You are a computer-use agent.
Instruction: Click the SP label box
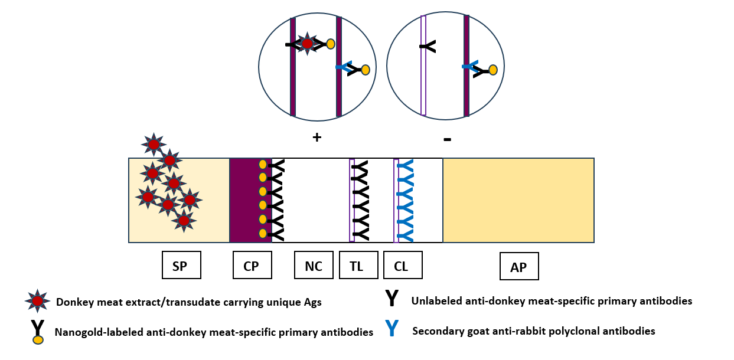181,265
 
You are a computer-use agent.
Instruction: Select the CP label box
251,265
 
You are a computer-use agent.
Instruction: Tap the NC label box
314,265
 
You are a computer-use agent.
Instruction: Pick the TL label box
356,265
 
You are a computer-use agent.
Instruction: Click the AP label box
518,267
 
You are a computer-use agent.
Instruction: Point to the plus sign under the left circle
317,138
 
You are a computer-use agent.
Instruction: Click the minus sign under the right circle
447,139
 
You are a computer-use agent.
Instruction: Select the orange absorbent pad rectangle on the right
518,200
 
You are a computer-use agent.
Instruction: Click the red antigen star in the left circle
307,44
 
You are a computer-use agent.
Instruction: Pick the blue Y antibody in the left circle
344,67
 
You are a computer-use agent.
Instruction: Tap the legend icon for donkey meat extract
37,301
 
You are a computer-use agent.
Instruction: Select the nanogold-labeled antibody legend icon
37,332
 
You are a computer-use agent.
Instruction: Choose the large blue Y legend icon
392,328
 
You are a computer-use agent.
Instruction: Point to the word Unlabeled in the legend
436,301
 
